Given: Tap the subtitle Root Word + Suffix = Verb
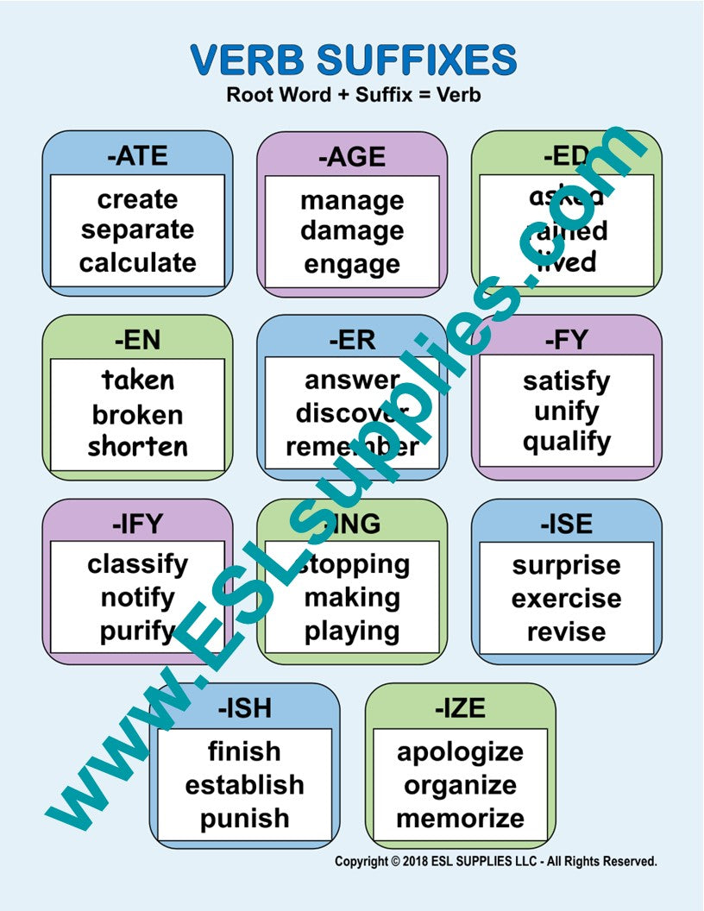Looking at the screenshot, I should click(x=353, y=95).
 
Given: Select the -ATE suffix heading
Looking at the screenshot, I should click(x=137, y=156).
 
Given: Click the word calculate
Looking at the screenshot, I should click(x=137, y=262).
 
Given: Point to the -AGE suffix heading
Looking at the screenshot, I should click(x=352, y=157).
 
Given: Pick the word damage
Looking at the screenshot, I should click(x=352, y=231).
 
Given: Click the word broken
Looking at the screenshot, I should click(x=137, y=414).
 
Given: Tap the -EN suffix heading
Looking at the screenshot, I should click(x=137, y=340).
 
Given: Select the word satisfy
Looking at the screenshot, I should click(x=566, y=380).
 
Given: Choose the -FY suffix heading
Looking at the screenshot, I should click(x=566, y=340).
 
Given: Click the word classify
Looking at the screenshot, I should click(x=137, y=564).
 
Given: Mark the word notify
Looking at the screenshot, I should click(x=137, y=597).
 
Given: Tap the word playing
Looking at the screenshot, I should click(x=352, y=631).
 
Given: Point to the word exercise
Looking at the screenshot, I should click(x=566, y=598).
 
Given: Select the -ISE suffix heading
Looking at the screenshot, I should click(x=566, y=524).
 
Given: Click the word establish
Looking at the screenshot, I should click(x=244, y=785).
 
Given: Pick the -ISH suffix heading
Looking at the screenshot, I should click(x=244, y=708).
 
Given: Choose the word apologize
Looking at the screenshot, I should click(x=460, y=751).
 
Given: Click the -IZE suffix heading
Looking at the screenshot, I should click(x=460, y=708).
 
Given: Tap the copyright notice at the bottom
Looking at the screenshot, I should click(x=496, y=861).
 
